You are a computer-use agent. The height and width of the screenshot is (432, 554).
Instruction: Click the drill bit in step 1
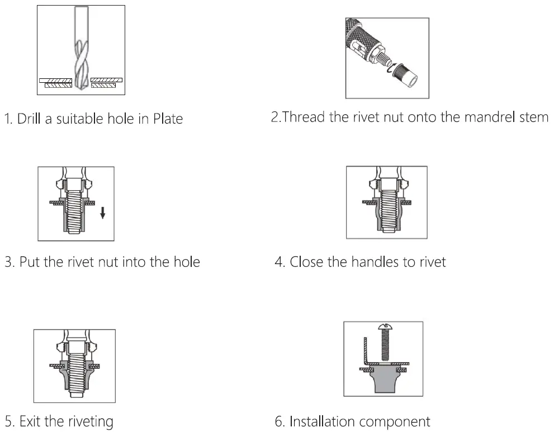point(81,56)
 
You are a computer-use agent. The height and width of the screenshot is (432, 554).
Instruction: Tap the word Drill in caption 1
point(30,119)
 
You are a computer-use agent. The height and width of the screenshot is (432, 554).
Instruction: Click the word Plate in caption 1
point(168,119)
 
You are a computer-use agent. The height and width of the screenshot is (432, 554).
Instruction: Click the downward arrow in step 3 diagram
point(102,213)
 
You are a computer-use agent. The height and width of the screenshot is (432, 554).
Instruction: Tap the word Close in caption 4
point(306,261)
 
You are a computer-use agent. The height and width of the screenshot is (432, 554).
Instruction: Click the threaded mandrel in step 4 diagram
point(387,210)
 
